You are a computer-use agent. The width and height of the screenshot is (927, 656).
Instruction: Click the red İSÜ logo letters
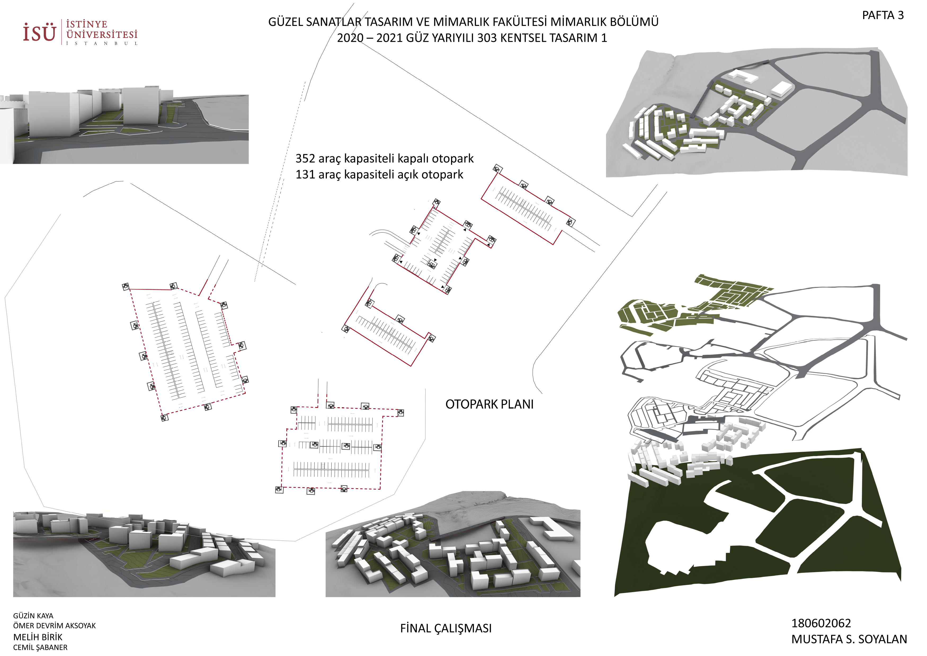tap(39, 32)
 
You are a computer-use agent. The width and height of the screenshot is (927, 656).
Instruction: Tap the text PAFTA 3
tap(883, 15)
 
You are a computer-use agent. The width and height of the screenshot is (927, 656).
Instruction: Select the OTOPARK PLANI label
tap(489, 404)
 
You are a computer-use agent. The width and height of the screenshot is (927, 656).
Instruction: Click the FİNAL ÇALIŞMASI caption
tap(446, 628)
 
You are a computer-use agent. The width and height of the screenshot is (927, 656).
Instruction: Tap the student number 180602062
tap(821, 623)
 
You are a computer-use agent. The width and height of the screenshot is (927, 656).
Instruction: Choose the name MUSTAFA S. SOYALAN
tap(849, 639)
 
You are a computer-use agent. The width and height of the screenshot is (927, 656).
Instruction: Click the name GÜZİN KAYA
tap(33, 616)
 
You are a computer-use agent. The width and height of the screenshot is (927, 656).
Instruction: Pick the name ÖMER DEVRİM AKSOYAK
tap(55, 626)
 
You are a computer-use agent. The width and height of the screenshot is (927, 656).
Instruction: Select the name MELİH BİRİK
tap(38, 637)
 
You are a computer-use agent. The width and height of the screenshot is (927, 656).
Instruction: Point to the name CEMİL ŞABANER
tap(40, 648)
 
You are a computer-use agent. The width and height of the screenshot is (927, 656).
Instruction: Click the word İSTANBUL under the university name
tap(102, 43)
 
